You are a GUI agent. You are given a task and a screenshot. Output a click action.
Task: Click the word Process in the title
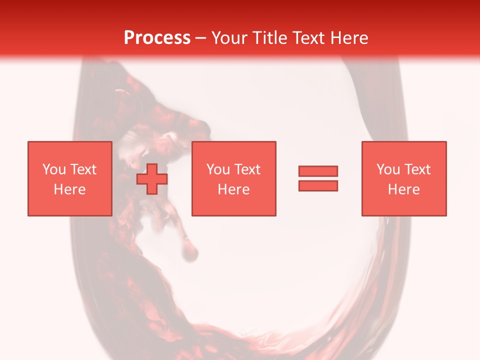click(x=157, y=38)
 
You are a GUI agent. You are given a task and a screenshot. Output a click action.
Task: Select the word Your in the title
click(x=230, y=38)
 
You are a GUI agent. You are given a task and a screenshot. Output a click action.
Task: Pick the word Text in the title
click(x=306, y=38)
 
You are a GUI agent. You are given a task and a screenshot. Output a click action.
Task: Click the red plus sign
click(x=152, y=178)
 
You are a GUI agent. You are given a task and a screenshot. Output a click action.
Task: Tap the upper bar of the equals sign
click(x=318, y=171)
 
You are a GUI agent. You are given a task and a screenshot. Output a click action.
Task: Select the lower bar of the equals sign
click(x=318, y=185)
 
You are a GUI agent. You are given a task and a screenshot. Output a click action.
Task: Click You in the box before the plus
click(x=53, y=169)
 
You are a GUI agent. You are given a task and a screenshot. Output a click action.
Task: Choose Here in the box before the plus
click(x=69, y=189)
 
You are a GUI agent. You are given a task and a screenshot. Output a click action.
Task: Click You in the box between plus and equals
click(x=218, y=169)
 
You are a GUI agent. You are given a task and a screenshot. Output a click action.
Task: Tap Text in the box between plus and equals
click(x=246, y=169)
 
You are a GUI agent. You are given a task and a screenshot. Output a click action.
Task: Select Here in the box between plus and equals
click(x=234, y=189)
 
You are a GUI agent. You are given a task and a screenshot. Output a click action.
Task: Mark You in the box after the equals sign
click(x=388, y=169)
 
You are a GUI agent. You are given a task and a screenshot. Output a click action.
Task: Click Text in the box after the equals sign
click(x=416, y=169)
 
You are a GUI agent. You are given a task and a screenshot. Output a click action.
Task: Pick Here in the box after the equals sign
click(x=404, y=189)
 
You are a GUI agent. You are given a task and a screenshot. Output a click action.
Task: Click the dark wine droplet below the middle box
click(x=189, y=252)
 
